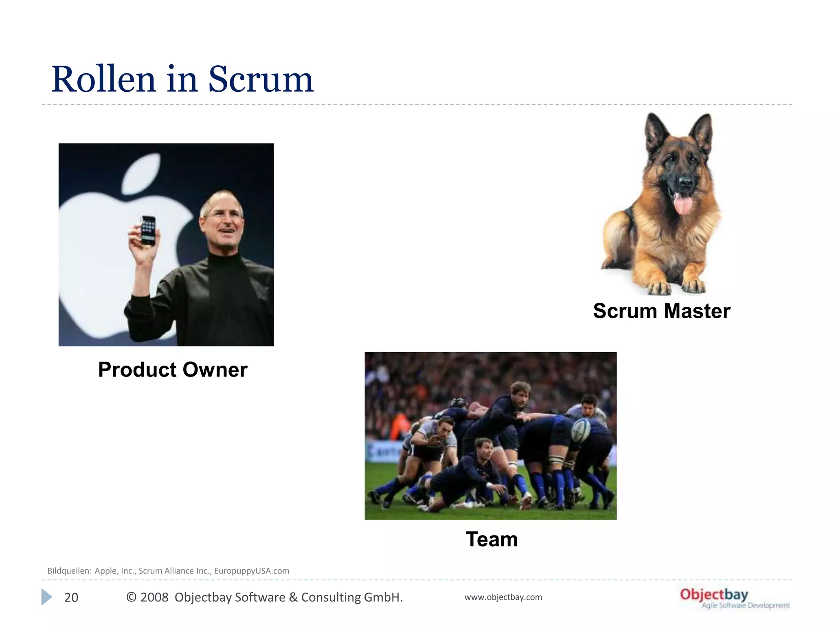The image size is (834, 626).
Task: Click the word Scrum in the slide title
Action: [261, 79]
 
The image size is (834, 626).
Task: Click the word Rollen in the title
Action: [103, 79]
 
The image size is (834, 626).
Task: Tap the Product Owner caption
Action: [173, 370]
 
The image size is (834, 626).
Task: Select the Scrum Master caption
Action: [661, 311]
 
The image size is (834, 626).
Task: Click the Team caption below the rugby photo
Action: [492, 539]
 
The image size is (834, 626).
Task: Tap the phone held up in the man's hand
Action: [148, 230]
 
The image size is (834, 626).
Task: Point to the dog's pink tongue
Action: [683, 204]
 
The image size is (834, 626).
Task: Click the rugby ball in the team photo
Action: [581, 430]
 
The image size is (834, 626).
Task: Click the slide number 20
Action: [71, 597]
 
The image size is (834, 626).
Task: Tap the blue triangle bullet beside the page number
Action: [46, 597]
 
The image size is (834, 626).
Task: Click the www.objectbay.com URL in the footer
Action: [503, 597]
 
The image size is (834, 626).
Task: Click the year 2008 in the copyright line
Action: [154, 597]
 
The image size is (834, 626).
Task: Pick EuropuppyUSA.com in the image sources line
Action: [252, 571]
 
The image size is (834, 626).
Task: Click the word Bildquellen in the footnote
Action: [69, 571]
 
